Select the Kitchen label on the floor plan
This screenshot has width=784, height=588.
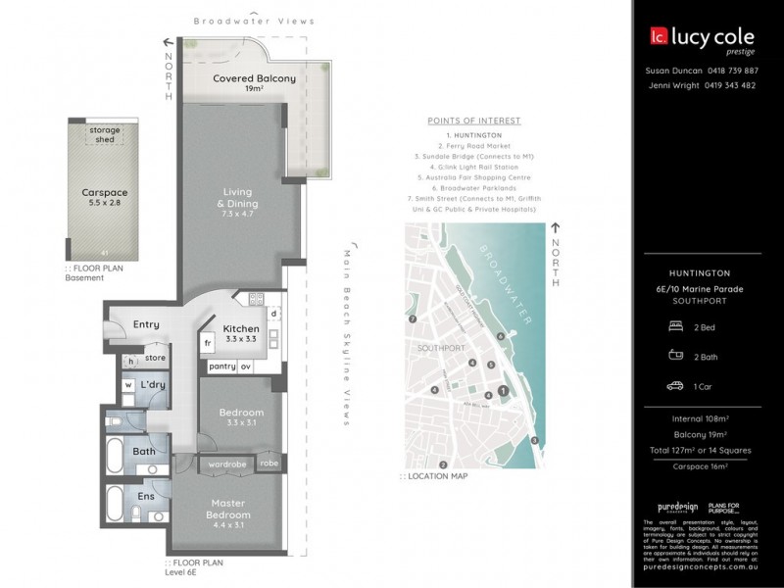(241, 329)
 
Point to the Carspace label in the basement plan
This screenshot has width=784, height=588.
(105, 194)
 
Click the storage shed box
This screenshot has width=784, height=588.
(104, 134)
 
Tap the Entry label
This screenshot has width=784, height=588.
(146, 324)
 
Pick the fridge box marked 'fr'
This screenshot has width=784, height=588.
(208, 344)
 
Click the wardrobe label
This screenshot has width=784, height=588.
(226, 464)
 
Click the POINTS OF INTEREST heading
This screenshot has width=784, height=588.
(474, 121)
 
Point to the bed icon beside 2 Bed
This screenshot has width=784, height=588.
(674, 326)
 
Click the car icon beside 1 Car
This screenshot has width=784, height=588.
(674, 386)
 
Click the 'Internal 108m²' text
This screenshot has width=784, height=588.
(701, 419)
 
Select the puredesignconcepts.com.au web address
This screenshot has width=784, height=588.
(700, 566)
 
